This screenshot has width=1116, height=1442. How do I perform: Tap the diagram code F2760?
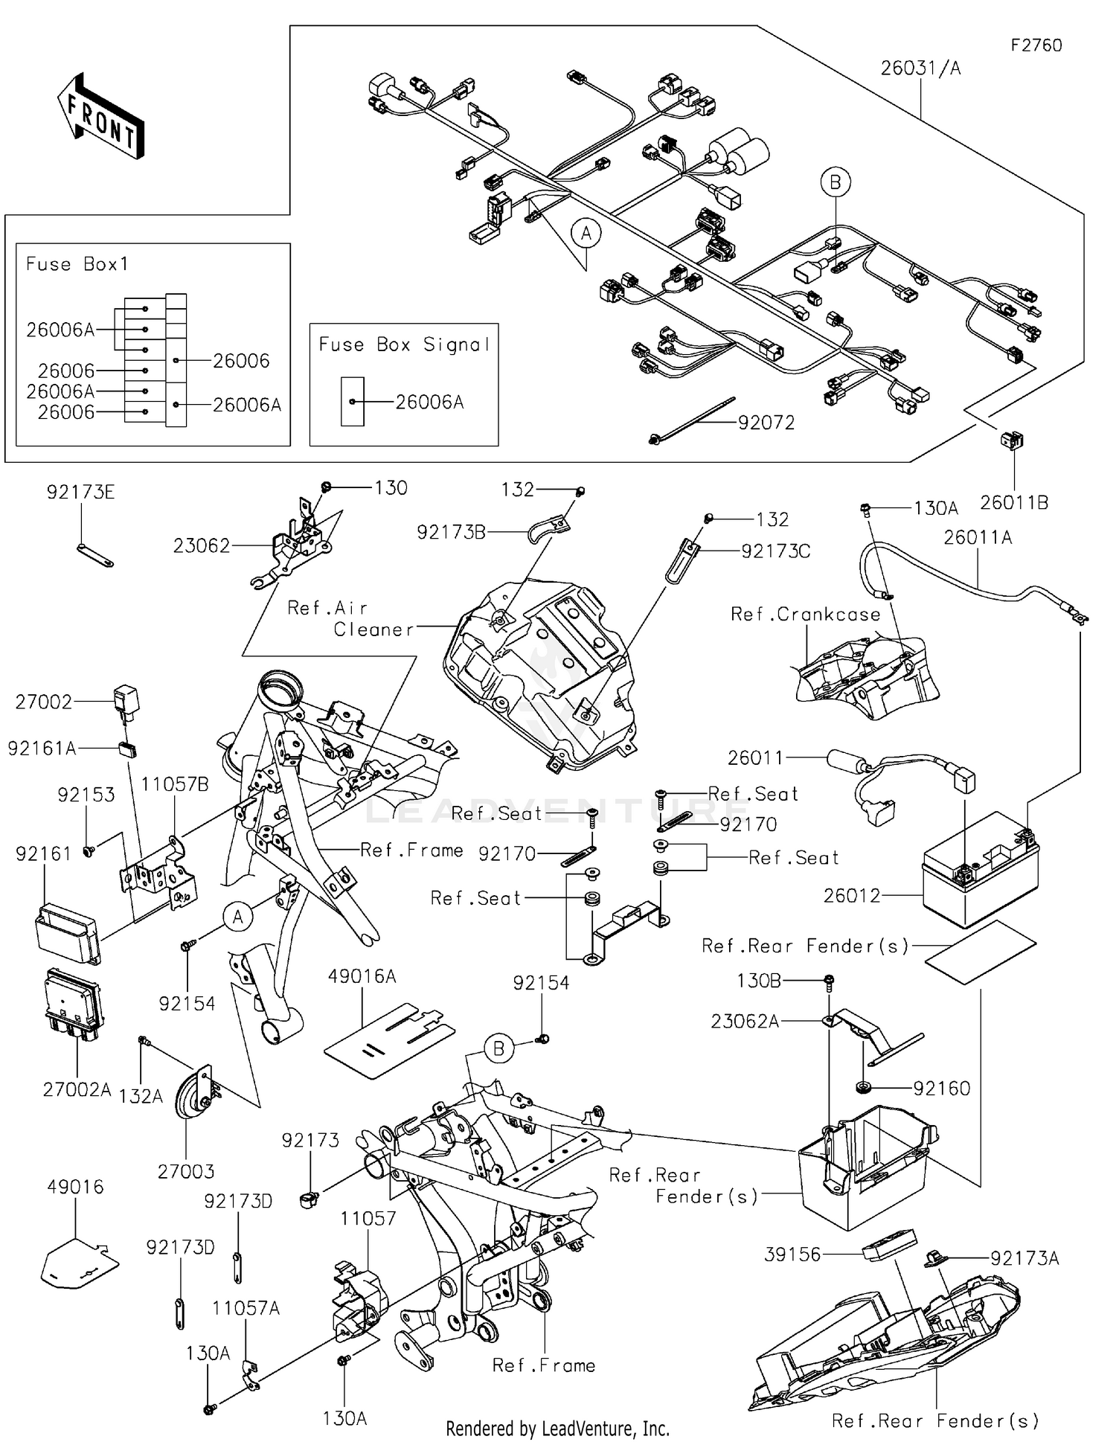pos(1036,45)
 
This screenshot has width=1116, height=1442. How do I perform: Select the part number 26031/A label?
pos(920,68)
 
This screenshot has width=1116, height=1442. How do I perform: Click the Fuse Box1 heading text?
pos(77,264)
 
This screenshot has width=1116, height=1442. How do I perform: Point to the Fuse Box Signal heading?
pos(404,345)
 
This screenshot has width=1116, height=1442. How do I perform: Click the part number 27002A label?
pos(77,1090)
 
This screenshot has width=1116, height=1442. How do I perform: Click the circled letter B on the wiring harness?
pos(836,182)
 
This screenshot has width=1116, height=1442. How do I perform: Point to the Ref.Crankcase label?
pos(805,615)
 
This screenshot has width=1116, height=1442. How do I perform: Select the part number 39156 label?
pos(792,1254)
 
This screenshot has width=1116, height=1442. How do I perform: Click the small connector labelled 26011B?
pos(1012,441)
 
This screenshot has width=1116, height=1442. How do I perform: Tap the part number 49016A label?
pos(362,976)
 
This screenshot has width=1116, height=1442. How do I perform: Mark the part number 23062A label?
pos(745,1022)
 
